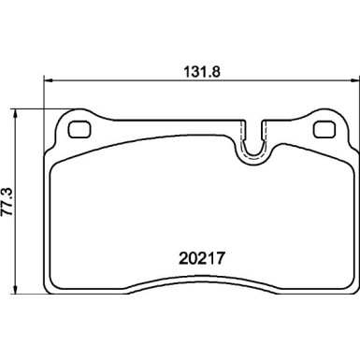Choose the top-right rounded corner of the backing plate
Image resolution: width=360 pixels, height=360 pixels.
(339, 119)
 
